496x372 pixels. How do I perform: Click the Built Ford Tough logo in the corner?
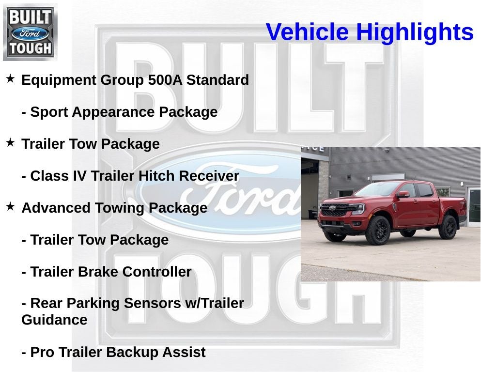(30, 32)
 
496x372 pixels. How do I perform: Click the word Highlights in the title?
(415, 32)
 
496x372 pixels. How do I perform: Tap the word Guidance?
(54, 320)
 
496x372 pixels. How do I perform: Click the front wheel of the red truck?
(378, 231)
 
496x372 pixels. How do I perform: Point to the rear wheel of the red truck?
(448, 227)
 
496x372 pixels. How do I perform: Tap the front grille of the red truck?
(335, 211)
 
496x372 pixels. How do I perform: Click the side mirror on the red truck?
(402, 194)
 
